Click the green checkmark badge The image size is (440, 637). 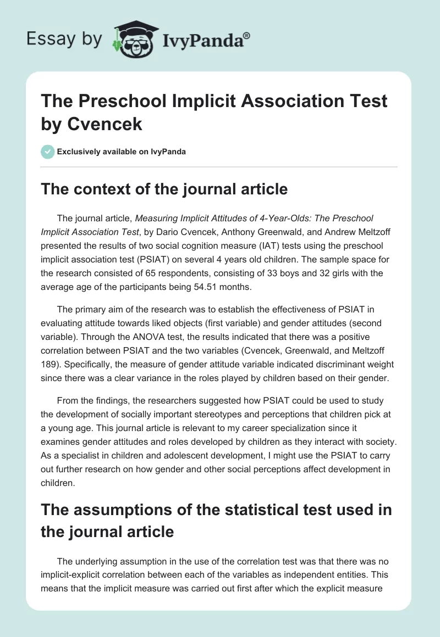click(47, 152)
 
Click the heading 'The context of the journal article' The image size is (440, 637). click(164, 189)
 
